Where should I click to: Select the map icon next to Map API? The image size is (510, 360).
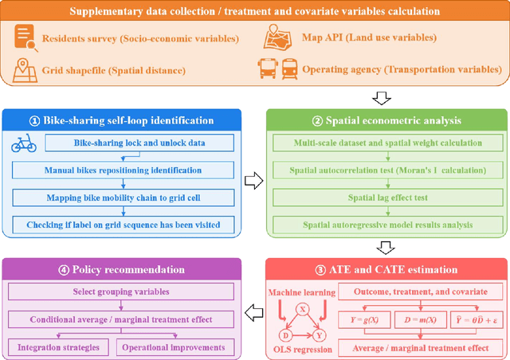click(x=278, y=38)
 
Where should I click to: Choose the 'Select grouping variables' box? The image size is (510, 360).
click(x=128, y=291)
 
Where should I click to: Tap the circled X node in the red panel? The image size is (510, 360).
click(x=302, y=309)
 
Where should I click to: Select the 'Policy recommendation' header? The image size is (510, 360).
click(x=128, y=269)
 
